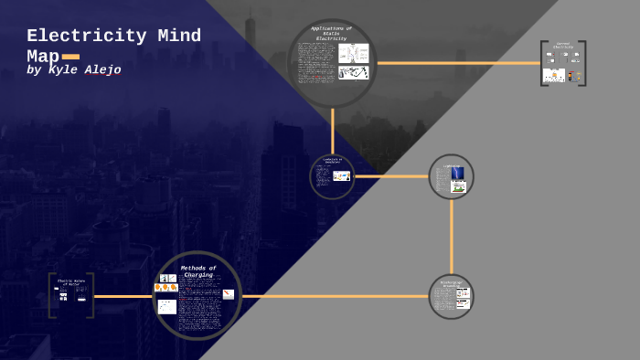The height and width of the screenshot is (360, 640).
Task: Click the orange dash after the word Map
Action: click(x=70, y=57)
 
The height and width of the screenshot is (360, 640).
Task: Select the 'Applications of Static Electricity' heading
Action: click(x=331, y=34)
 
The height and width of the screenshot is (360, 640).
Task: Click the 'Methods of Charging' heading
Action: click(x=197, y=271)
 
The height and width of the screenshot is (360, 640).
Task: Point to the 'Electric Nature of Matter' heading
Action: click(x=71, y=283)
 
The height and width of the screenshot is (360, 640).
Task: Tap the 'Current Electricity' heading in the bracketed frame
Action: click(x=563, y=45)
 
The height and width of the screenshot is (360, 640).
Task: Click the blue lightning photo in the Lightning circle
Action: click(x=457, y=173)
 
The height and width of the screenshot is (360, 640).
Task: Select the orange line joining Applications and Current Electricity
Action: click(x=457, y=63)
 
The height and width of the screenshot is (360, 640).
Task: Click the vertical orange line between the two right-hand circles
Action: click(x=451, y=236)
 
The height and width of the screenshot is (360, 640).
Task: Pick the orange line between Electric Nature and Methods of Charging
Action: click(x=123, y=296)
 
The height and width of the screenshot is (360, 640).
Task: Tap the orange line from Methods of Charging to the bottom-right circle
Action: click(x=334, y=296)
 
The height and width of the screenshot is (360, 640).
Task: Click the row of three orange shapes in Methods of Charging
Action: click(x=166, y=288)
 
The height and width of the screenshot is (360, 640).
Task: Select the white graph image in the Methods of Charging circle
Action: click(x=167, y=307)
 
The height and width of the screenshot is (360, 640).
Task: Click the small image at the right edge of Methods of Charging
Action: click(x=229, y=294)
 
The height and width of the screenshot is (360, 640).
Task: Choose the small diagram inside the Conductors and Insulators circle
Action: click(x=341, y=175)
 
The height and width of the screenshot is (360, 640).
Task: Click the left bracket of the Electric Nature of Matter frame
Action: click(x=51, y=295)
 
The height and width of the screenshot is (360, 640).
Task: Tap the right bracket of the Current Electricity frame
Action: click(x=582, y=63)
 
